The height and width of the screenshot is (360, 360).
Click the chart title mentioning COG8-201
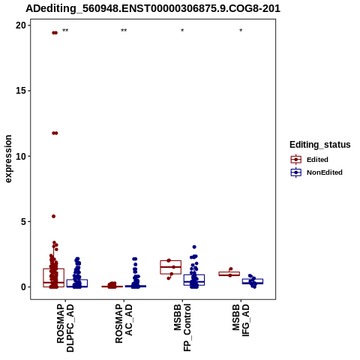[153, 8]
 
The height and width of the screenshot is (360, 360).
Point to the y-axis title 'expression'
[8, 159]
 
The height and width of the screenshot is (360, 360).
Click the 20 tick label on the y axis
[21, 25]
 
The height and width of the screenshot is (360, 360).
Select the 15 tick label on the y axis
[21, 91]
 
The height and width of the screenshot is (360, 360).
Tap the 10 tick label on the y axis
[21, 156]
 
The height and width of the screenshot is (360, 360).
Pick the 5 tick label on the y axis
[23, 221]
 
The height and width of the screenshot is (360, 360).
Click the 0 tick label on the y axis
[23, 287]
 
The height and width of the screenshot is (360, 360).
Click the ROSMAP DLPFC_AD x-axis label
[65, 328]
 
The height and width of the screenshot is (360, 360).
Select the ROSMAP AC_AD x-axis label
[124, 323]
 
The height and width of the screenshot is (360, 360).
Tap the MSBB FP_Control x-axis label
[182, 328]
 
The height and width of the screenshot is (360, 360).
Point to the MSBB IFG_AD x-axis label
[241, 320]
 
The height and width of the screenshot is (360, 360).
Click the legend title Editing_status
[320, 145]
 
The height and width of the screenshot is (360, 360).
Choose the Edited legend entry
[310, 160]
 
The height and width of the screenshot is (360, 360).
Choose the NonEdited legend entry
[316, 172]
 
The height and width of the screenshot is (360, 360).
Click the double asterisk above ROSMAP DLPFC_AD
[65, 31]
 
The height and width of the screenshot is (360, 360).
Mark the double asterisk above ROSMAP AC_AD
[124, 31]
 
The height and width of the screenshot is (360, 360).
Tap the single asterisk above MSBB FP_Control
[182, 31]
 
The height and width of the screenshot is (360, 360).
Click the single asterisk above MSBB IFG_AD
[241, 31]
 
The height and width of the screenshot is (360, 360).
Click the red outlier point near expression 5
[53, 216]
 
